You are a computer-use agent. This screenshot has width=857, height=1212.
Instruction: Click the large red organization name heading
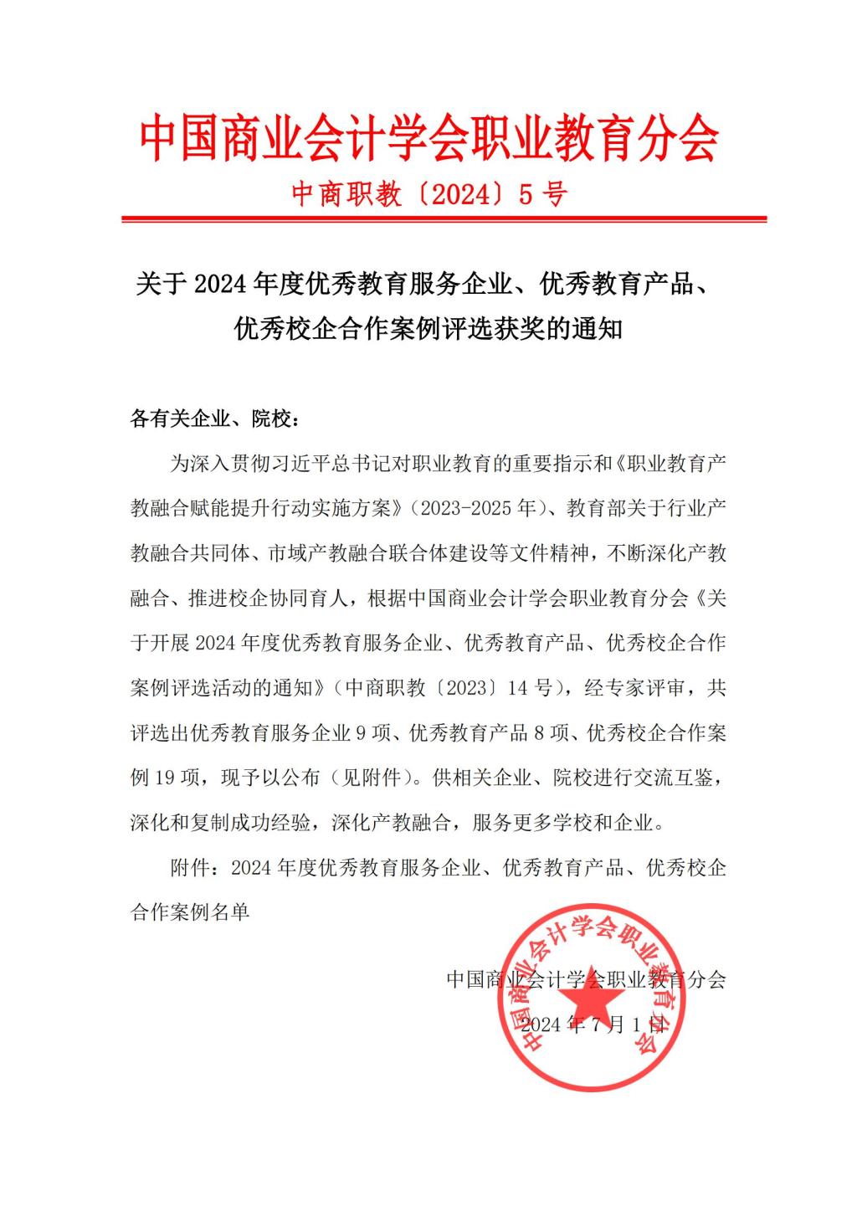click(428, 138)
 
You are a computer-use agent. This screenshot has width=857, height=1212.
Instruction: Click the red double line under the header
click(444, 219)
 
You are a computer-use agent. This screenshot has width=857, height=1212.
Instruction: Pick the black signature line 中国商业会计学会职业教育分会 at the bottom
click(586, 978)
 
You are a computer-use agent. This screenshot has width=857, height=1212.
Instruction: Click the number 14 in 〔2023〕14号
click(518, 688)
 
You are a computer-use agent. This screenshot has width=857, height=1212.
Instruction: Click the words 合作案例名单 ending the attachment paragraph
click(190, 912)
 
